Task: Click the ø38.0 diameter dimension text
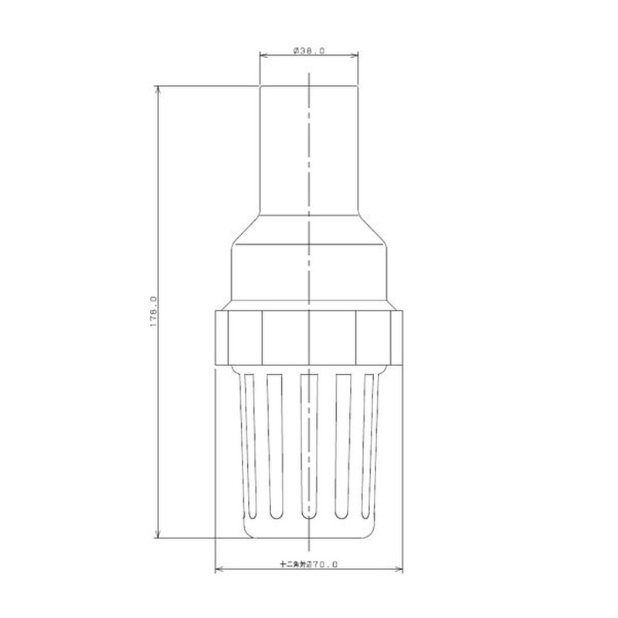click(309, 50)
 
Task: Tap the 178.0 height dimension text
click(153, 312)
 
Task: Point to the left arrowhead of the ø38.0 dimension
click(262, 56)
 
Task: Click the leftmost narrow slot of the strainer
click(248, 444)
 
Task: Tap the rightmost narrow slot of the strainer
click(369, 444)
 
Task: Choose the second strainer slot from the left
click(274, 447)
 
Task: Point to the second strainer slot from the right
click(343, 447)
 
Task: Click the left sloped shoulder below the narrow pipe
click(246, 229)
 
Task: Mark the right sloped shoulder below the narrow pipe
click(372, 229)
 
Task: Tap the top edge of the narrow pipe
click(309, 85)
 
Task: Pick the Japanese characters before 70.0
click(295, 565)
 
